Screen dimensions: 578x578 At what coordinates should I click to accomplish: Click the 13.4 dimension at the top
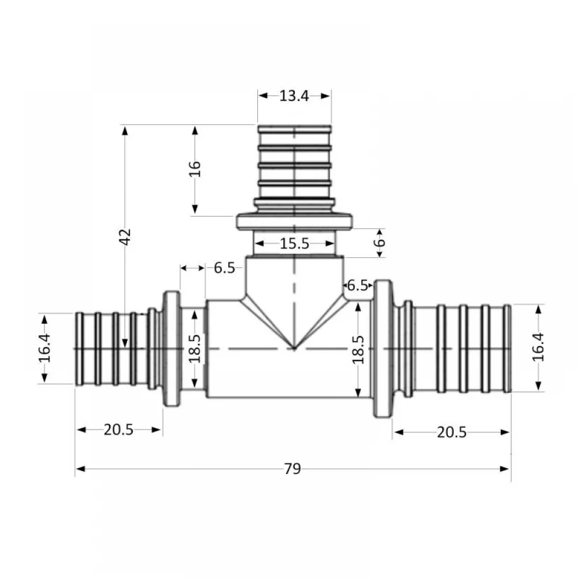click(x=294, y=96)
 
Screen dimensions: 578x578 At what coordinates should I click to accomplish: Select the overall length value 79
click(x=292, y=469)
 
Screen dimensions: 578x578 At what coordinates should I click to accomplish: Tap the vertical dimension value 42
click(x=125, y=236)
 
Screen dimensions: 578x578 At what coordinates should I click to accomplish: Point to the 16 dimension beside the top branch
click(x=195, y=169)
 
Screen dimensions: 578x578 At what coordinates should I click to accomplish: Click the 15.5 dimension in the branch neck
click(x=294, y=243)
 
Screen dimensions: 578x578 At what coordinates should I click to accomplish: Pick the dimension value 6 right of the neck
click(x=379, y=242)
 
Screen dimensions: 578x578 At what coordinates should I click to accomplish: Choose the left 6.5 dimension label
click(x=224, y=268)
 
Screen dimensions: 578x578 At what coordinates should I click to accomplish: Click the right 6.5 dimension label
click(x=358, y=285)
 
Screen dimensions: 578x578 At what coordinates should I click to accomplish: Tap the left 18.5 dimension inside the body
click(x=194, y=349)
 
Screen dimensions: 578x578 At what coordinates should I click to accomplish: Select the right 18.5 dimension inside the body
click(x=358, y=350)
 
